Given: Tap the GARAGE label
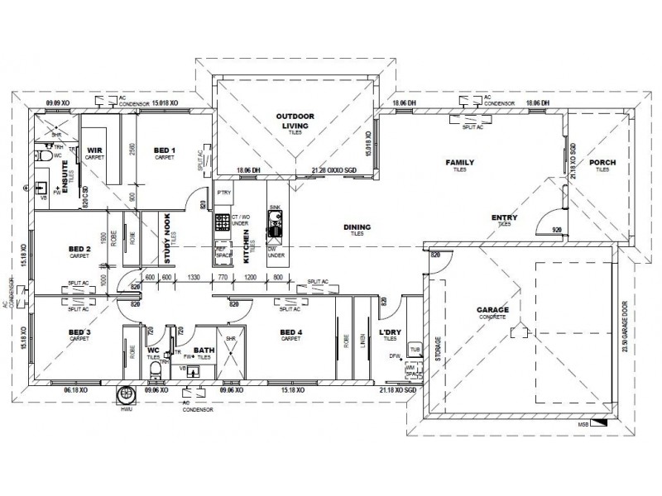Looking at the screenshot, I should (x=492, y=311).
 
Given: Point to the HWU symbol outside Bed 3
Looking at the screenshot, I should (x=127, y=395).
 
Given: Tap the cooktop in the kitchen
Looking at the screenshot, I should (x=223, y=222).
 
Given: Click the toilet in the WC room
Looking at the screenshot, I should (x=154, y=370).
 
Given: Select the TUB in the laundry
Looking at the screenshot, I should (x=415, y=350).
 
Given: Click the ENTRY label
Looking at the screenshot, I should (x=505, y=218).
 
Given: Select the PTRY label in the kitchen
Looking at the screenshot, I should (x=223, y=193).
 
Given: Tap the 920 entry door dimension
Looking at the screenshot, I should (x=556, y=228).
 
